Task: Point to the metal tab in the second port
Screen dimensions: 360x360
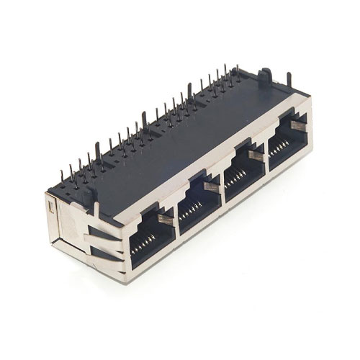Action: (210, 186)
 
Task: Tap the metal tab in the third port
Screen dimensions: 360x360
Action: (253, 156)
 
